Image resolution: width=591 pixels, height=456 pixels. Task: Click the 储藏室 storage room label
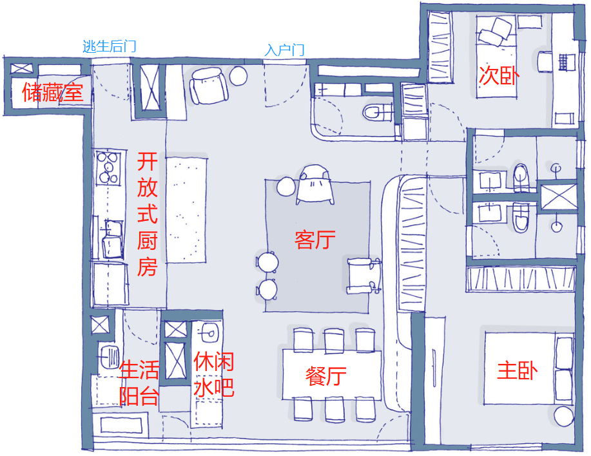pos(53,93)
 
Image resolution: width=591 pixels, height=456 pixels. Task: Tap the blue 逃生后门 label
pos(110,46)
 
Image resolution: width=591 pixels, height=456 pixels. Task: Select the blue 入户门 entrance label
pos(284,50)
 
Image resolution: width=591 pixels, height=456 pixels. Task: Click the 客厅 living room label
pos(315,240)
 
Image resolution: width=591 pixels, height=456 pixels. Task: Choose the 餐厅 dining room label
pos(326,375)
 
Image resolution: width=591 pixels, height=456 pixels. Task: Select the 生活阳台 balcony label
pos(139,383)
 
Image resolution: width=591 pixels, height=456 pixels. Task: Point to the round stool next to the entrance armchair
pos(238,76)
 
